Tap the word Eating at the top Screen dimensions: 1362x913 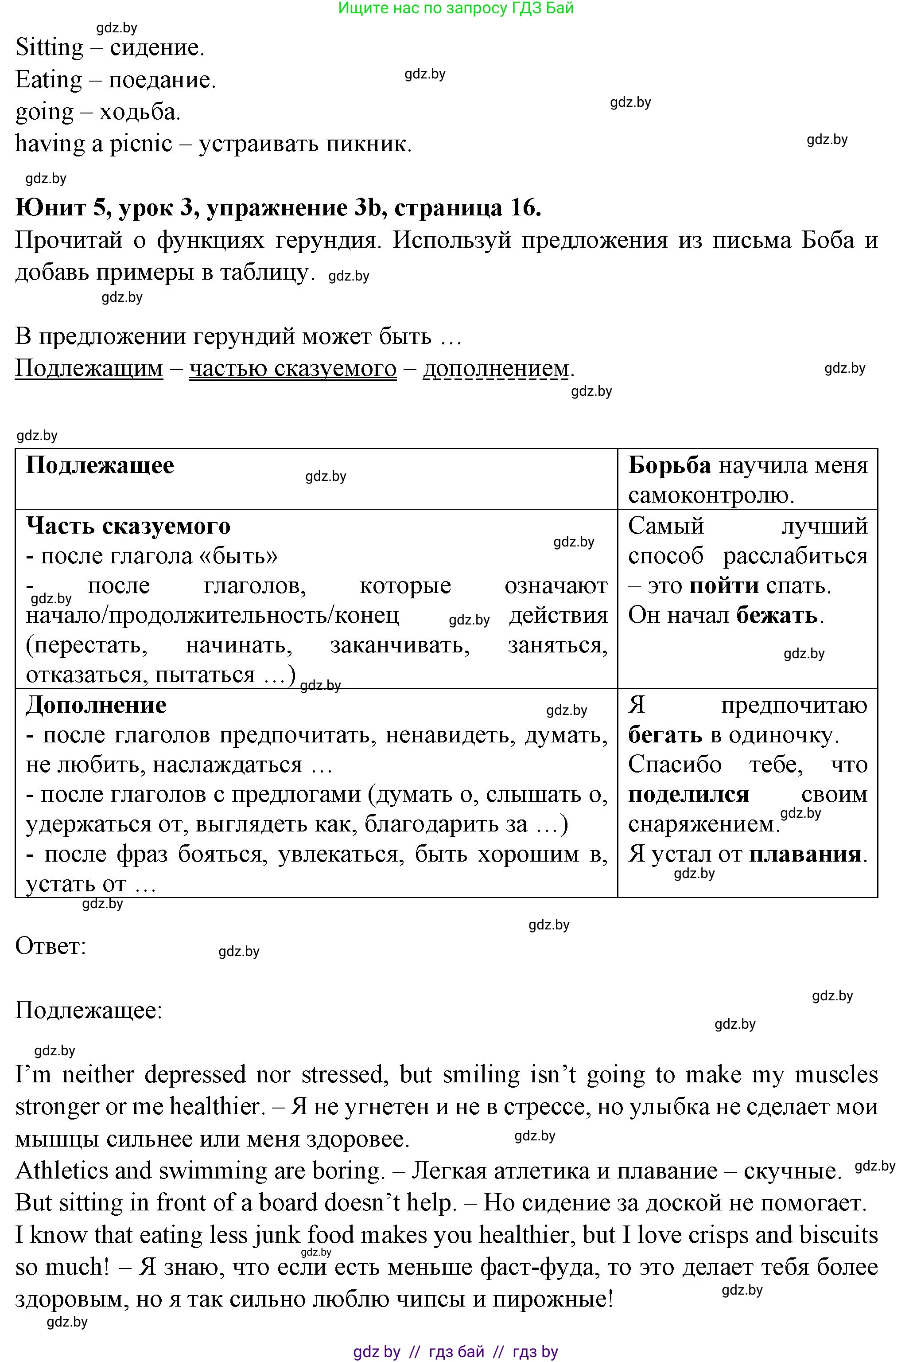(48, 80)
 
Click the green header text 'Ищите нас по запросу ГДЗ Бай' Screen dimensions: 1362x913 (456, 8)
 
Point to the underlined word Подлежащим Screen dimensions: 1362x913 (89, 368)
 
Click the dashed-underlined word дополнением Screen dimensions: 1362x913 (496, 368)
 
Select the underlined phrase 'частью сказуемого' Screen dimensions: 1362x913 (293, 368)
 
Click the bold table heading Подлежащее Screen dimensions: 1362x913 (100, 465)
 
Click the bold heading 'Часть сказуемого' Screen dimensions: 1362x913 (128, 526)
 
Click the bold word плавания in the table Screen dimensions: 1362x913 (805, 855)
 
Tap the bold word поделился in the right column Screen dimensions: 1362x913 (688, 795)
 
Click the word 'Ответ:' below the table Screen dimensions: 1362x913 (50, 946)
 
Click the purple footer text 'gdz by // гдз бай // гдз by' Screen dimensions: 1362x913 (456, 1351)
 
